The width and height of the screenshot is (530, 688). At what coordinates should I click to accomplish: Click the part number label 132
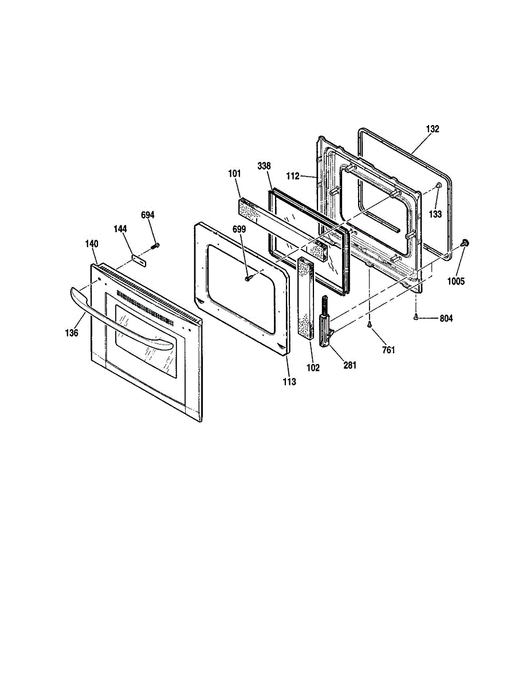tap(433, 129)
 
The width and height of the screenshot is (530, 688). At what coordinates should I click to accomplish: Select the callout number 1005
tap(457, 281)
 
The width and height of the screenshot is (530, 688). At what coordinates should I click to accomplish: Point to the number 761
tap(388, 350)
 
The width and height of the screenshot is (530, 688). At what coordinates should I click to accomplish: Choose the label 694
tap(148, 215)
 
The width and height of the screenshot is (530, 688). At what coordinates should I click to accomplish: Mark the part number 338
tap(264, 166)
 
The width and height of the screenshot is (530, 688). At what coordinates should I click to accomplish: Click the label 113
tap(289, 381)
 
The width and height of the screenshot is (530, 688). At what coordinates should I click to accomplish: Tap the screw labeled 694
tap(155, 246)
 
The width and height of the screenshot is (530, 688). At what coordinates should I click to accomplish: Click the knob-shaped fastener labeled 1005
tap(465, 244)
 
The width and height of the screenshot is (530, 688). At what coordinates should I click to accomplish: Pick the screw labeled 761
tap(370, 325)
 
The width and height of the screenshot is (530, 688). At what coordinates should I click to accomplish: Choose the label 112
tap(293, 176)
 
